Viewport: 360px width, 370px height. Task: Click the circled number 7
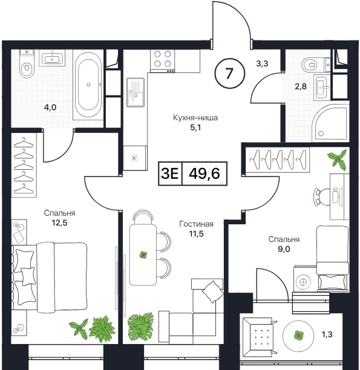[x=229, y=73]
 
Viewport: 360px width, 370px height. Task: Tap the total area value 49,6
[x=205, y=174]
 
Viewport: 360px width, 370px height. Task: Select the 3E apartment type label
[x=169, y=174]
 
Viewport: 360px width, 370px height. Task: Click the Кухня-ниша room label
[x=195, y=117]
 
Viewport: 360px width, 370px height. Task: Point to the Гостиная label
[x=196, y=224]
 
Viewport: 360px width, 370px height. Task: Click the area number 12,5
[x=59, y=222]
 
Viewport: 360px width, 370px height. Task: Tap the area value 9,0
[x=284, y=249]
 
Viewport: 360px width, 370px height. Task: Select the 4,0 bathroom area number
[x=50, y=108]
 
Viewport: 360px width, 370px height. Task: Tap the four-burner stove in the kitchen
[x=163, y=61]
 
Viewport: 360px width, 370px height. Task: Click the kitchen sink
[x=136, y=92]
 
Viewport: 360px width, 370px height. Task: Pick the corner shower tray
[x=330, y=123]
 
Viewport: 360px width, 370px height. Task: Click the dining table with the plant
[x=143, y=255]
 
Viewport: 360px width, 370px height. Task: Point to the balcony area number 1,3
[x=327, y=334]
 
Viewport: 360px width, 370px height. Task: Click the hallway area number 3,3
[x=262, y=63]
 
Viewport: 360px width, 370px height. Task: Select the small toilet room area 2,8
[x=301, y=86]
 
